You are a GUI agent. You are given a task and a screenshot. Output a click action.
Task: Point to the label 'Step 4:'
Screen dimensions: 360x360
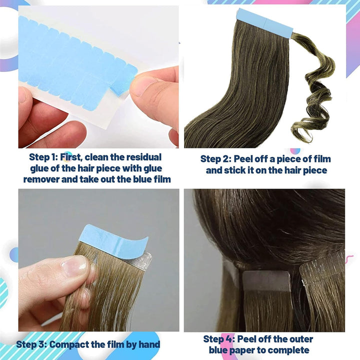219,338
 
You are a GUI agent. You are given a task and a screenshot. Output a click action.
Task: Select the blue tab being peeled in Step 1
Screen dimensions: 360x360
125,79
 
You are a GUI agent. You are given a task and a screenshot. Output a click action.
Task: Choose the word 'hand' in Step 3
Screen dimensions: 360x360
147,344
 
